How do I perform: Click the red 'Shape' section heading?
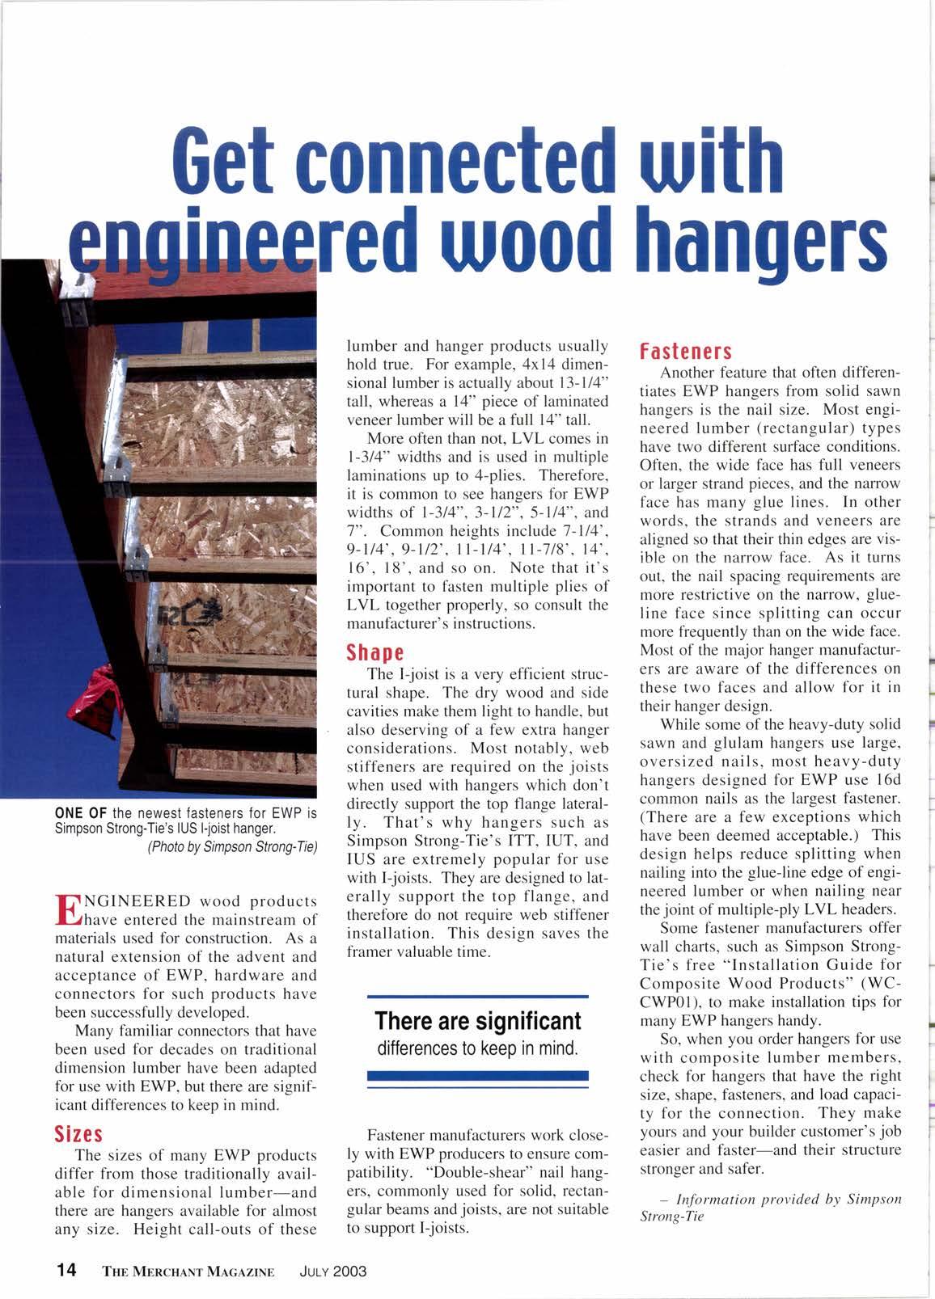pos(374,652)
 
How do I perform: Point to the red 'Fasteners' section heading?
pos(686,352)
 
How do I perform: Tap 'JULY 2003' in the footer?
pos(332,1271)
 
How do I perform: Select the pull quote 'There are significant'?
pos(478,1021)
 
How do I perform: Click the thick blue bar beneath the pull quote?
pos(477,1076)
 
